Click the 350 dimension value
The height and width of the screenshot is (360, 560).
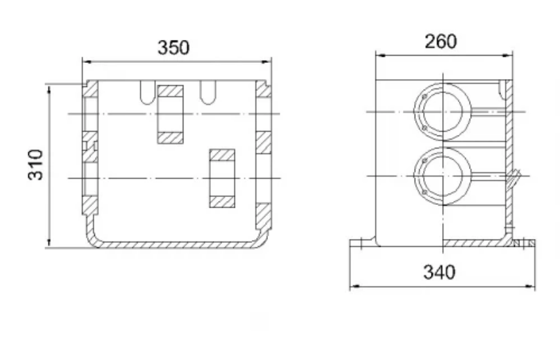173,47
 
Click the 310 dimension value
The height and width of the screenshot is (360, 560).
35,165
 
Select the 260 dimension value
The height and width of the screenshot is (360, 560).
441,41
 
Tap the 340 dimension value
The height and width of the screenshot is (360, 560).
439,272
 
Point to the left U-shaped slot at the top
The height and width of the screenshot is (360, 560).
147,92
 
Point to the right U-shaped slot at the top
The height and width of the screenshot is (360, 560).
208,92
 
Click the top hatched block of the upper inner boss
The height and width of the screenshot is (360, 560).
170,91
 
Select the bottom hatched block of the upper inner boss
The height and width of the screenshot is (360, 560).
170,137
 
